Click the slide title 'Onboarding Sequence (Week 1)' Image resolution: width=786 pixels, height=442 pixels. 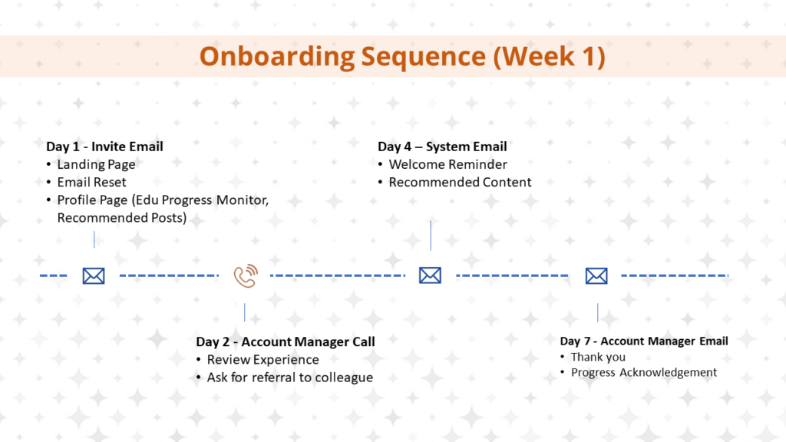click(x=402, y=56)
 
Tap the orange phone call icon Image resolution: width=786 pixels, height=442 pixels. click(x=246, y=275)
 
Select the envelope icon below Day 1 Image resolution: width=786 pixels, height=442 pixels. click(x=94, y=276)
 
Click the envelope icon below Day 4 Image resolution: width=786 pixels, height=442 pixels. click(x=430, y=275)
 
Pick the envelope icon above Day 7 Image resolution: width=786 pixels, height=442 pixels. click(x=596, y=276)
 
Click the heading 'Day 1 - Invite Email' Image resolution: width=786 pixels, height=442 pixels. click(x=104, y=147)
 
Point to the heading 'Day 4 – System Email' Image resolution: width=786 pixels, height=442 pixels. click(x=442, y=147)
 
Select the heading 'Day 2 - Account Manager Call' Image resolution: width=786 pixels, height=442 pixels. click(x=286, y=341)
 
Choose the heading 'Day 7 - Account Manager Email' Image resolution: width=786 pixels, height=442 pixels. click(x=644, y=341)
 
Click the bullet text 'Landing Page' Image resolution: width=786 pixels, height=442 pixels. click(x=96, y=164)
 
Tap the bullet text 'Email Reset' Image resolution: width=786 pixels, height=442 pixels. click(x=92, y=182)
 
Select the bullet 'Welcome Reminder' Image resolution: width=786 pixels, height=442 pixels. click(x=448, y=164)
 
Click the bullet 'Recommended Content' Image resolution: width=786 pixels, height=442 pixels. click(x=461, y=182)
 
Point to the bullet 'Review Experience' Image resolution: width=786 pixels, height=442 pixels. click(x=263, y=360)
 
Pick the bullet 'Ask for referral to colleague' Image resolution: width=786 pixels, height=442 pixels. click(x=290, y=378)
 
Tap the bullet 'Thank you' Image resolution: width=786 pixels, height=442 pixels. click(x=598, y=358)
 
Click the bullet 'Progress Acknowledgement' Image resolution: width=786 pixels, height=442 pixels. click(x=644, y=372)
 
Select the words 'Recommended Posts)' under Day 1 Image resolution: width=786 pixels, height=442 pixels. click(x=122, y=218)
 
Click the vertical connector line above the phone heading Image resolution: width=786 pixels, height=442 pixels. click(x=245, y=312)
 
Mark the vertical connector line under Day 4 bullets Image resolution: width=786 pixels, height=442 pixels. click(x=431, y=235)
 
